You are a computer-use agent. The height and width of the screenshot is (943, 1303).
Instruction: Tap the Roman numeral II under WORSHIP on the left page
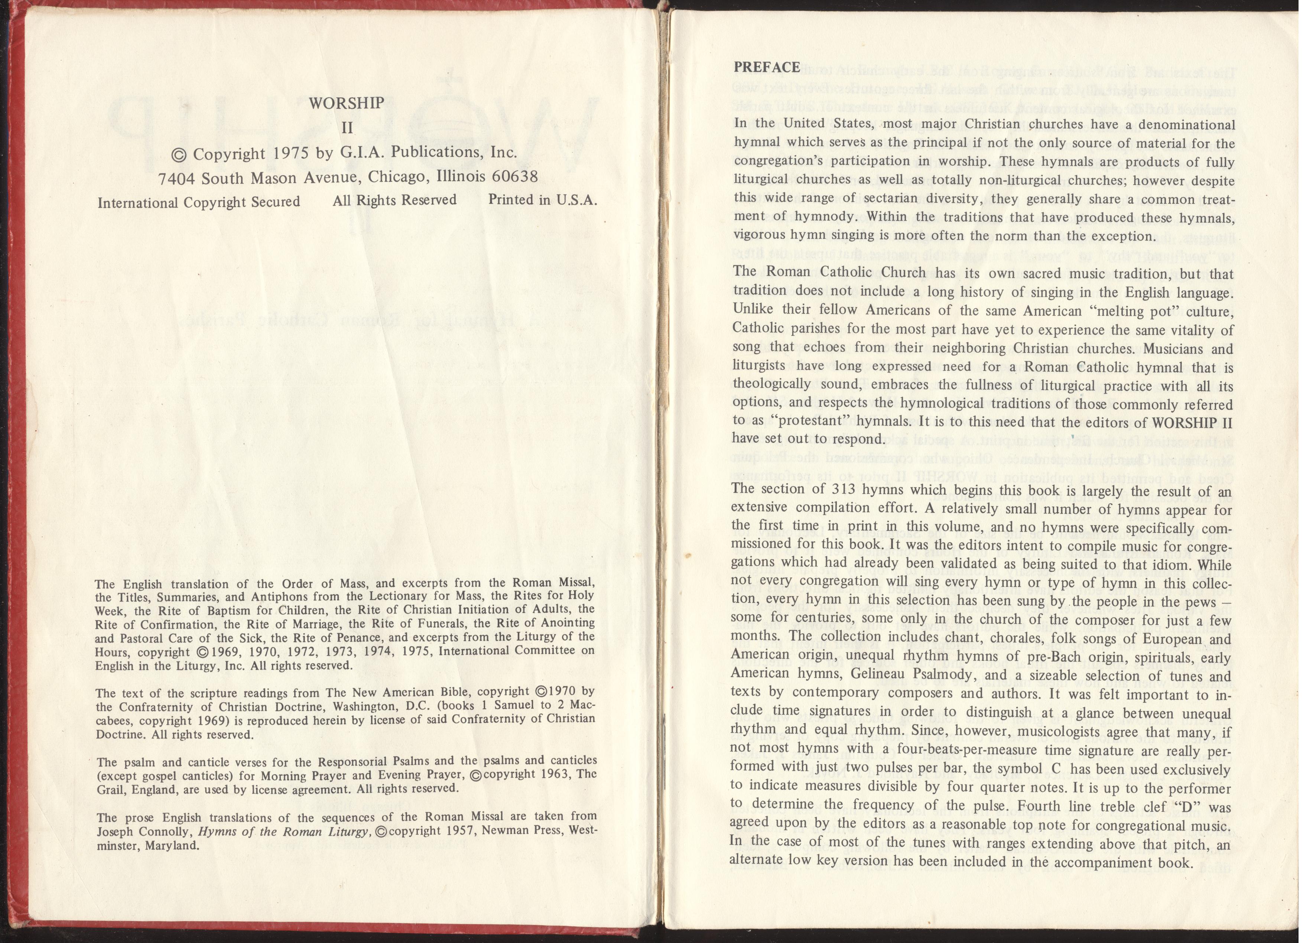pyautogui.click(x=347, y=128)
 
